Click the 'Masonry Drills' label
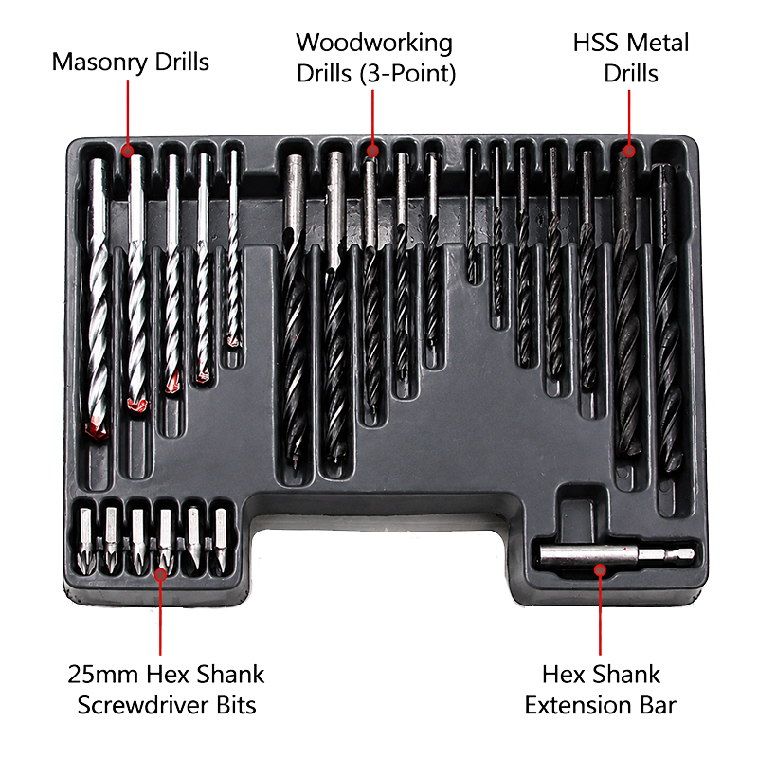click(131, 63)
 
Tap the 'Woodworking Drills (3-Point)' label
click(375, 58)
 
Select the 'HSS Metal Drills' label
click(630, 58)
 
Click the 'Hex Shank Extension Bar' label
click(601, 690)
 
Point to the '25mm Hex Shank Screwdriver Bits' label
click(167, 690)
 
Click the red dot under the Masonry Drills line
click(128, 151)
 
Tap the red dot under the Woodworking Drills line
click(372, 151)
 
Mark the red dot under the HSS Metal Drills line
click(629, 151)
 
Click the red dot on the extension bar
click(600, 570)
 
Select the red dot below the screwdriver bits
click(160, 574)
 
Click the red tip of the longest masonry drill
click(97, 430)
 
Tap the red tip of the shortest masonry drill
click(234, 341)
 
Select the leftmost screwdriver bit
click(86, 540)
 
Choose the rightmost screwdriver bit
click(221, 539)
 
